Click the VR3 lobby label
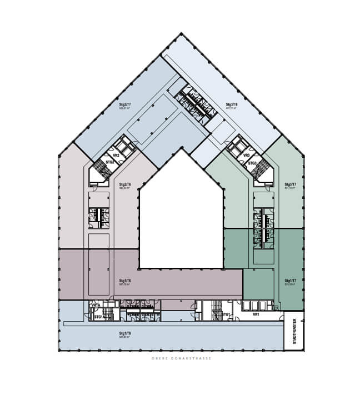tap(246, 156)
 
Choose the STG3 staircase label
tap(252, 163)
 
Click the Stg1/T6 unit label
tap(124, 281)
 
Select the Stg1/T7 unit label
tap(289, 281)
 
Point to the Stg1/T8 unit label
tap(124, 333)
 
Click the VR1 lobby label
tap(256, 314)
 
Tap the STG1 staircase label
tap(226, 314)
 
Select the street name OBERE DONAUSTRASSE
tap(181, 359)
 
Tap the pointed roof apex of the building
tap(181, 34)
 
